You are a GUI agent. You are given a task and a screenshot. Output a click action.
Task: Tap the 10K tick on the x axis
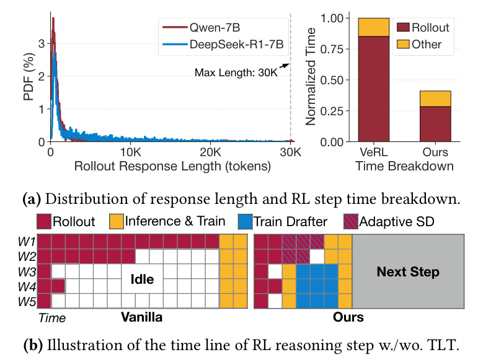(130, 152)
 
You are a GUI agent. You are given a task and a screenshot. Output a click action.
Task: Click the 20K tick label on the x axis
(210, 152)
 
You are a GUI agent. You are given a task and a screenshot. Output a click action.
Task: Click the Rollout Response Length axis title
(172, 166)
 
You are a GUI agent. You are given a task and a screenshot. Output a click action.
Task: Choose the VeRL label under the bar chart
(374, 152)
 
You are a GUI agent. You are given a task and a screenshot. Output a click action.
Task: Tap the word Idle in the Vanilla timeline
(141, 279)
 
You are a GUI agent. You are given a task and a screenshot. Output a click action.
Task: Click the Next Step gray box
(408, 272)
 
